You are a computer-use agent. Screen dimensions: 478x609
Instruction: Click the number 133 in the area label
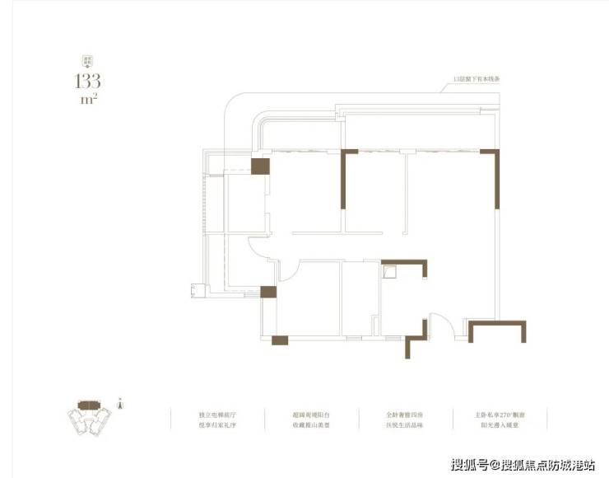click(x=86, y=81)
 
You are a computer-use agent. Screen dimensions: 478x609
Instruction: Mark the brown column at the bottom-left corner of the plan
click(x=280, y=340)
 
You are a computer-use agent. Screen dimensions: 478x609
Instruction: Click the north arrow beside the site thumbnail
click(x=121, y=405)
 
